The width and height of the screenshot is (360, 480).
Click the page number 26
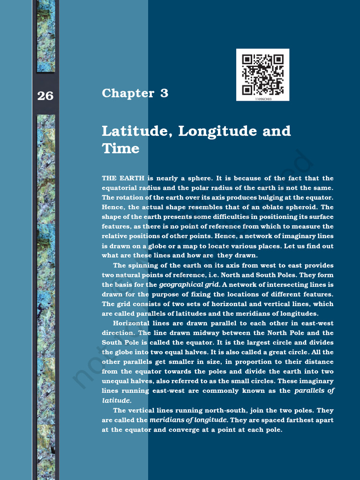point(45,96)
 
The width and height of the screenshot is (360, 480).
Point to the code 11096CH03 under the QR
point(263,99)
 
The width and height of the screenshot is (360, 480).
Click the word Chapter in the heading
point(128,93)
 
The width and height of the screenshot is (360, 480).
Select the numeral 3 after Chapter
point(164,93)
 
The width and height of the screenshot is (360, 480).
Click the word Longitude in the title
point(218,131)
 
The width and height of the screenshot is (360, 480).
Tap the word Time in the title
point(120,149)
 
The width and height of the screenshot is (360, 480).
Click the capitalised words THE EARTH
point(123,178)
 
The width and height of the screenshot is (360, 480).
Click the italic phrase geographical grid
point(189,285)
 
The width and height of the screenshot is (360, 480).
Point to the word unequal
point(117,381)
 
